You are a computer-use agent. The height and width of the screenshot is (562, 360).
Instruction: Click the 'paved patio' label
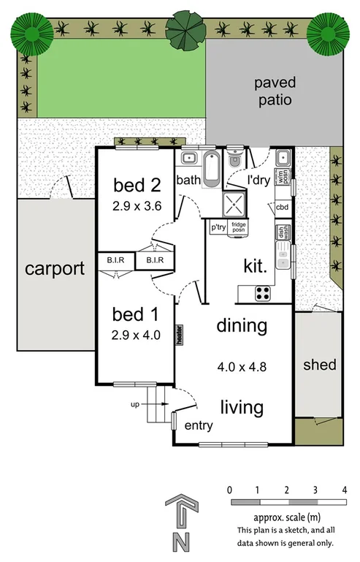pos(274,91)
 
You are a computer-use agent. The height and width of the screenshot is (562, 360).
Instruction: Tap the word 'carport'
pos(55,268)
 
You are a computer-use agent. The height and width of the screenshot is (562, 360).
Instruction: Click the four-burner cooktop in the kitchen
pos(262,293)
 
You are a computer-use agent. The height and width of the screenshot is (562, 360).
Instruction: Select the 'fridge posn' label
pos(238,227)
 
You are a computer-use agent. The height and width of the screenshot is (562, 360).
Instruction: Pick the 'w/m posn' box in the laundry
pos(283,175)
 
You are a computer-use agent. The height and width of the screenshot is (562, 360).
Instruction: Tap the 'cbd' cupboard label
pos(282,207)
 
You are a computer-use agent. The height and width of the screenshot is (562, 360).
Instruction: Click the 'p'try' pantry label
pos(218,227)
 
